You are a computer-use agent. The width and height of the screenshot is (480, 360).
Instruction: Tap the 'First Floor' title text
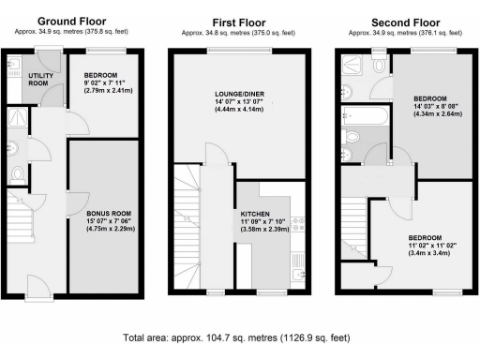click(239, 21)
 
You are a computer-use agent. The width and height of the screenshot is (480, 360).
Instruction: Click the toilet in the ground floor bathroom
click(14, 175)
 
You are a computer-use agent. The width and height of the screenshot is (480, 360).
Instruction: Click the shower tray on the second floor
click(354, 63)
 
